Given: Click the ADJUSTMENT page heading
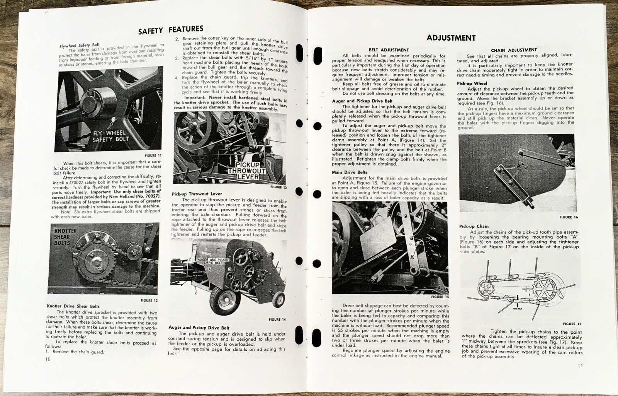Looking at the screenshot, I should click(x=451, y=38).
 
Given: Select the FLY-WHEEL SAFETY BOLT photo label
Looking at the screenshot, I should click(x=111, y=136).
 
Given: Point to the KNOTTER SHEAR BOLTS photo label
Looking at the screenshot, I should click(x=62, y=237).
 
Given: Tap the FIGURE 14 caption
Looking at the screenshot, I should click(x=277, y=319).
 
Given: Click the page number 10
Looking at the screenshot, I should click(x=48, y=359).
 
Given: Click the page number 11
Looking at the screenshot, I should click(x=581, y=366).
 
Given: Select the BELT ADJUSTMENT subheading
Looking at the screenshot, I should click(x=389, y=50).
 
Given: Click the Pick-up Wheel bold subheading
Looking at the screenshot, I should click(x=472, y=83).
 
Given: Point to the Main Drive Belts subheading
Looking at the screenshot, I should click(x=350, y=172).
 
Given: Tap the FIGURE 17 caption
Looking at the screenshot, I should click(x=572, y=324).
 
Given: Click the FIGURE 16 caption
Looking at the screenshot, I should click(x=569, y=217).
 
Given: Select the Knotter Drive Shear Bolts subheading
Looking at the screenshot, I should click(x=73, y=306).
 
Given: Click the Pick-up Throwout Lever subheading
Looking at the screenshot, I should click(x=197, y=194).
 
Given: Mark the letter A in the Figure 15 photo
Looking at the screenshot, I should click(x=413, y=256).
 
